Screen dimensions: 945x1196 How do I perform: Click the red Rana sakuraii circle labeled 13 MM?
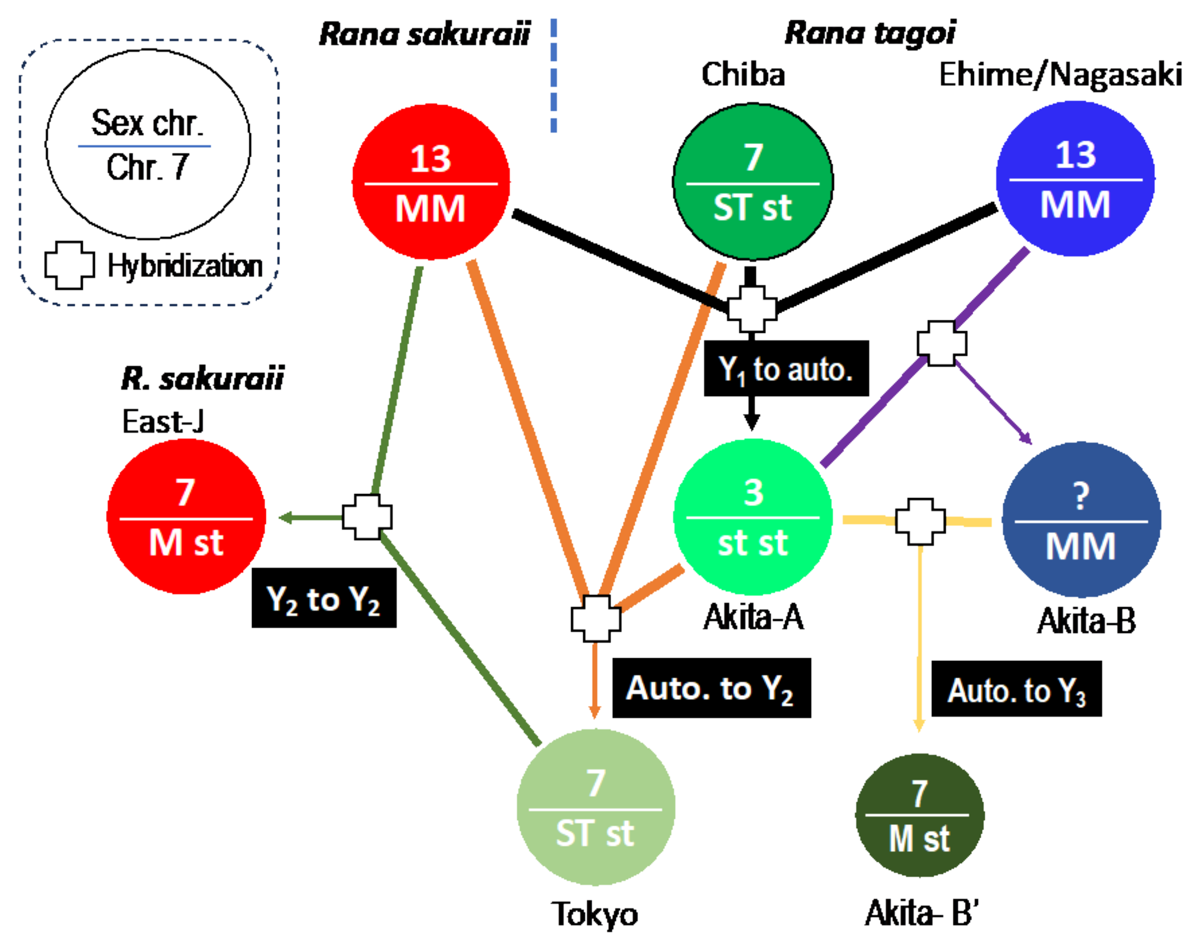[x=431, y=182]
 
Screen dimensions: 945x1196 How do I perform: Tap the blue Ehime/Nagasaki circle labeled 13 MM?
[x=1075, y=178]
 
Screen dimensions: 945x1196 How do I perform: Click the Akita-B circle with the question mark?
[x=1081, y=519]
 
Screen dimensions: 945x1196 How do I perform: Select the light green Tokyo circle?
[x=595, y=807]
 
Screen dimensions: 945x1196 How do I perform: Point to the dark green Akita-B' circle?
[x=919, y=815]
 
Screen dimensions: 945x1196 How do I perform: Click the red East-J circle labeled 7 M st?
[x=186, y=517]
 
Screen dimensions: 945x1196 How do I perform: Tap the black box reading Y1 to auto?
[x=786, y=369]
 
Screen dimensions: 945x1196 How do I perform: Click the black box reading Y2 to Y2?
[x=324, y=598]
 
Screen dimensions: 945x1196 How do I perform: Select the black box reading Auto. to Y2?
[x=711, y=688]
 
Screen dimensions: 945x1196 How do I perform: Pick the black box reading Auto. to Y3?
[x=1016, y=689]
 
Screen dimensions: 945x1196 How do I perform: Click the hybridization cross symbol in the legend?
[x=69, y=266]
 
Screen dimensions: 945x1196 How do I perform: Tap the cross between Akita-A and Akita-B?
[x=920, y=521]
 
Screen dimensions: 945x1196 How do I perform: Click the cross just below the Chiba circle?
[x=751, y=308]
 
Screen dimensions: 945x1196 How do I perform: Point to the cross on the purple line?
[x=941, y=343]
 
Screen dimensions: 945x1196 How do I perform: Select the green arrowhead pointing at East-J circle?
[x=286, y=518]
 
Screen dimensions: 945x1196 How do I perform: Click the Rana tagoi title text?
[x=870, y=33]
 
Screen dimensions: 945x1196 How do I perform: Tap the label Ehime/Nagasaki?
[x=1060, y=75]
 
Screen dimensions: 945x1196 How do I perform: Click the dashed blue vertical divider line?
[x=553, y=75]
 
